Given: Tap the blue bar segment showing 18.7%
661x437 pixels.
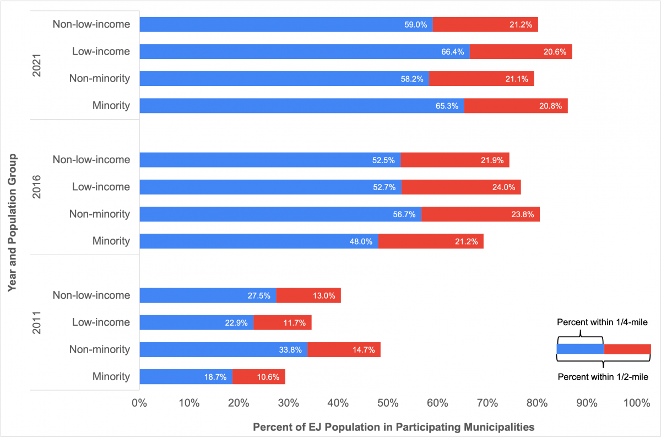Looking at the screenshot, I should click(186, 377).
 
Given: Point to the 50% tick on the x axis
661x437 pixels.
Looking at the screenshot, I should click(388, 403).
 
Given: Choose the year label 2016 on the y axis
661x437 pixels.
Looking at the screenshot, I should click(37, 187).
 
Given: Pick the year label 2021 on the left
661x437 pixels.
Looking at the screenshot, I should click(37, 65).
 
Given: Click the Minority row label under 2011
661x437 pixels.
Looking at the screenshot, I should click(111, 377).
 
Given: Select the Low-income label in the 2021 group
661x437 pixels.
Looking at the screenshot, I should click(101, 52).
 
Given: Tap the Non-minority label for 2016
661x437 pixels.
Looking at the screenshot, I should click(99, 214).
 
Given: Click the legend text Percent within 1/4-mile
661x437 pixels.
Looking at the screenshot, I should click(602, 322).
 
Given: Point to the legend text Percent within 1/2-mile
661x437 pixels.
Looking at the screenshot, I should click(603, 377).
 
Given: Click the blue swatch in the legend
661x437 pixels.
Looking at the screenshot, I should click(580, 349).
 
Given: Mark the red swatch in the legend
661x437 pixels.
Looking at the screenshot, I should click(627, 349).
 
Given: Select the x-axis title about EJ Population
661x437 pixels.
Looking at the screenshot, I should click(393, 427).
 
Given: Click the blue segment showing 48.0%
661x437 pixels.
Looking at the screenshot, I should click(259, 241).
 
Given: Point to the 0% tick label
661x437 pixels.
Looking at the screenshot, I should click(139, 403).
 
